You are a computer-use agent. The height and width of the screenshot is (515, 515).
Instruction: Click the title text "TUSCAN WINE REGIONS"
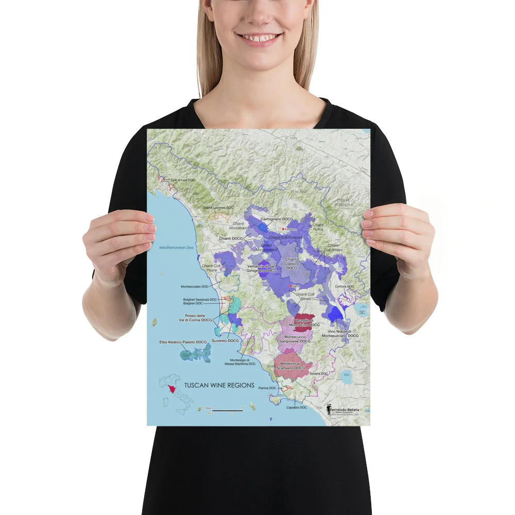(x=219, y=385)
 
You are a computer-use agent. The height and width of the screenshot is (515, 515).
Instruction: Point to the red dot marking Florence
(x=283, y=229)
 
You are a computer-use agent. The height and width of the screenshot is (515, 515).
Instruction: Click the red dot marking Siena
(x=291, y=286)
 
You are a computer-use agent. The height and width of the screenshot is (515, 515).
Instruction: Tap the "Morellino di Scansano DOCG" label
(x=289, y=366)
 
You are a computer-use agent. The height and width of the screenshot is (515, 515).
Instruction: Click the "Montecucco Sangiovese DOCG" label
(x=295, y=338)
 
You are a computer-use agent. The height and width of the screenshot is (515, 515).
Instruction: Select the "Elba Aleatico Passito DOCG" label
(x=183, y=342)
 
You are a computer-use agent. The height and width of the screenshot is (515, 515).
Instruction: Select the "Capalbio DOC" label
(x=296, y=407)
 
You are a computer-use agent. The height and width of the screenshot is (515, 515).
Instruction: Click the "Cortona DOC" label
(x=345, y=286)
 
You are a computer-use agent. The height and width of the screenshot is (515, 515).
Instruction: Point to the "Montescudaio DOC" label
(x=195, y=286)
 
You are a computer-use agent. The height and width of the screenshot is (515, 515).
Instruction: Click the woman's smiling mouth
(x=260, y=38)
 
